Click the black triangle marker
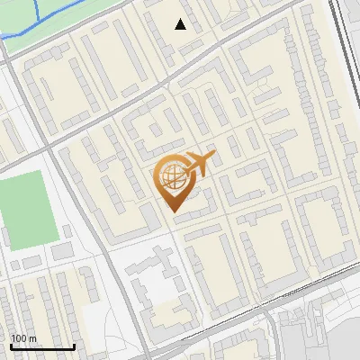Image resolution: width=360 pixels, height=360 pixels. [x=181, y=24]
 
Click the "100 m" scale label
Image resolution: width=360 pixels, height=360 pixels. [x=24, y=338]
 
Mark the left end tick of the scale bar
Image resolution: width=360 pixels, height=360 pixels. [x=11, y=345]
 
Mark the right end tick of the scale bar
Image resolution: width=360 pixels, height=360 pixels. [x=74, y=345]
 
